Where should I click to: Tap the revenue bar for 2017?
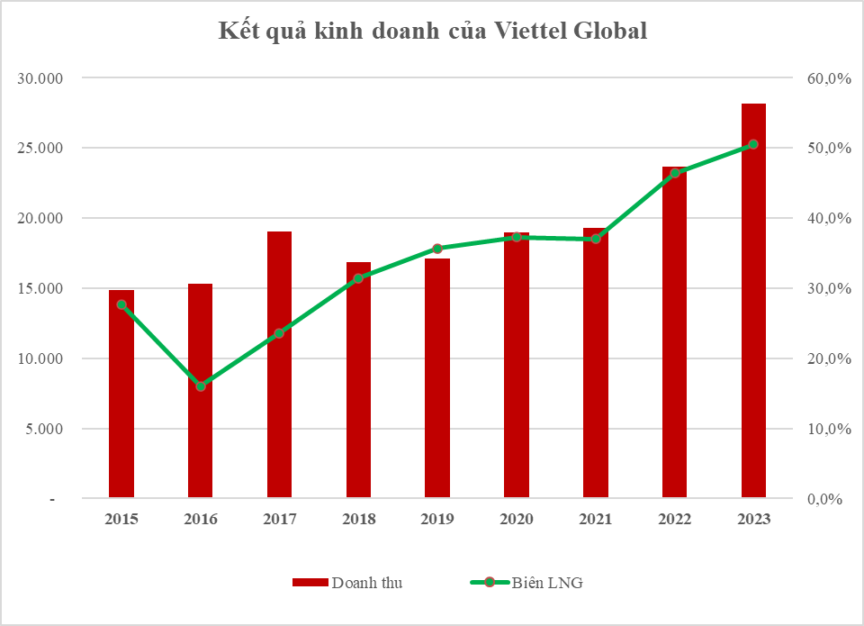click(279, 364)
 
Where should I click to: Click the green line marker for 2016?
click(201, 386)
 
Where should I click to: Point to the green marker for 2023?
click(753, 144)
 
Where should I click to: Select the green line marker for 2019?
click(437, 248)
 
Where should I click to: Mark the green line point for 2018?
click(358, 278)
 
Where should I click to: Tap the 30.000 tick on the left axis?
click(41, 78)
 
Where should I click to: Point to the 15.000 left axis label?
click(41, 288)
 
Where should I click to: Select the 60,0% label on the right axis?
click(828, 78)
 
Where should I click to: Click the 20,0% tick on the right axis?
click(828, 358)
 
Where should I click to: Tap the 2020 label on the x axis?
click(517, 520)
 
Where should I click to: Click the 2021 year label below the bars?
click(595, 520)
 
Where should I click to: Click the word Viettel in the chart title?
click(532, 31)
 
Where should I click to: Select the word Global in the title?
click(612, 31)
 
